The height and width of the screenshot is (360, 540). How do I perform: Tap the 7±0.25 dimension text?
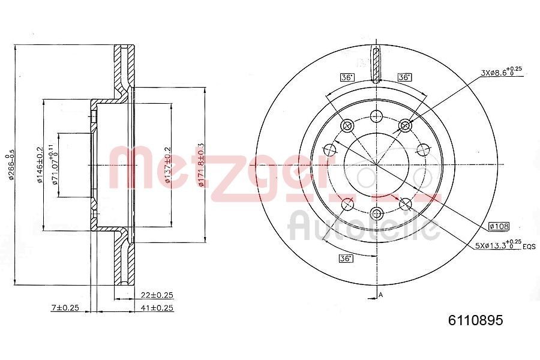tap(65, 308)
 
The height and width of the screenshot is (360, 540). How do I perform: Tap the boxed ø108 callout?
tap(499, 226)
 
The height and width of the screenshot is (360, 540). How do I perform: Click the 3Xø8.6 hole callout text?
tap(499, 73)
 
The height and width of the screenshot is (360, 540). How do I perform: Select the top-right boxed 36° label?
tap(404, 77)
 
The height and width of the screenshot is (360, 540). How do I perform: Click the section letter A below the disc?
tap(380, 294)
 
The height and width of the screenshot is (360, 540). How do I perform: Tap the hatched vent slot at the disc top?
tap(376, 65)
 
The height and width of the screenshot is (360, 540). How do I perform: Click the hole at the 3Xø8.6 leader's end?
tap(406, 125)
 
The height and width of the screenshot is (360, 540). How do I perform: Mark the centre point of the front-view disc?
tap(376, 164)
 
